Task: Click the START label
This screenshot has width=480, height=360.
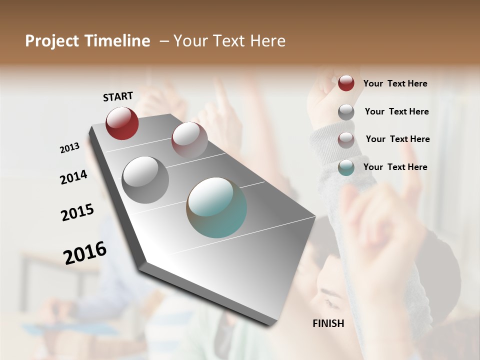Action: [118, 96]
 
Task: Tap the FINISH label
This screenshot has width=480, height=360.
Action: [328, 323]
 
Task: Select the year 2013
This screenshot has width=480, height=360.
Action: [70, 147]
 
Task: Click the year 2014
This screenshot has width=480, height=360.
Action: [73, 177]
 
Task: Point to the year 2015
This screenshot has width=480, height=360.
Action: [77, 212]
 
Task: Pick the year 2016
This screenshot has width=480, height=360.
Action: [85, 253]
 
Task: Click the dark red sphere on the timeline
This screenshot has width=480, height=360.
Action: [122, 123]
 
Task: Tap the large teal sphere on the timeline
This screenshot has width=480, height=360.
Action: [216, 207]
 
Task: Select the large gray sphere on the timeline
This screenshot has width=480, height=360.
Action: [145, 179]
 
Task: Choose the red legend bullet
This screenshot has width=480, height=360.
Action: [346, 83]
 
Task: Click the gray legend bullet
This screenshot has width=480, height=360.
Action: [346, 111]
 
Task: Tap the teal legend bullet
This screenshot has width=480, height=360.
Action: [346, 167]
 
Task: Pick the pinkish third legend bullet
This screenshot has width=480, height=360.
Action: [346, 139]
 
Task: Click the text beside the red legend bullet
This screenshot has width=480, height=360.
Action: [395, 83]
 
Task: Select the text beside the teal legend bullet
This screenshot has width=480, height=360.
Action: [395, 167]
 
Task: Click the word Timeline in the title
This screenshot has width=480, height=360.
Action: [117, 41]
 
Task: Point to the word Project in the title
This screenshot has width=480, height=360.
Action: [52, 41]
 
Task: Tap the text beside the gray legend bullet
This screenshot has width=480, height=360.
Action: [396, 111]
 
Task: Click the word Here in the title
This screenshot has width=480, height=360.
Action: [267, 41]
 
